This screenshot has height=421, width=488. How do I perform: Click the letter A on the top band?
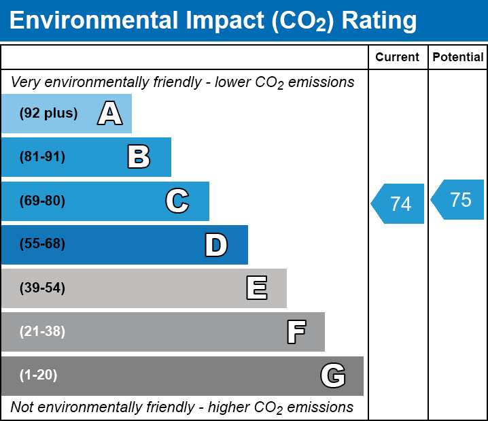109,113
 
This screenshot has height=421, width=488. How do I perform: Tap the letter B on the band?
139,157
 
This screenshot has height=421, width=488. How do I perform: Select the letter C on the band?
177,201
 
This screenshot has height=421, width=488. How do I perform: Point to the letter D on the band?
216,245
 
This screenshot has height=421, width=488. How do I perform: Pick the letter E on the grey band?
256,288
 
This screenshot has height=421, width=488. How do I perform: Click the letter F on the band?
296,332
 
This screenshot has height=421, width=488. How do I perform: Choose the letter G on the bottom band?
333,375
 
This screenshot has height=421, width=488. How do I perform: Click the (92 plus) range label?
48,113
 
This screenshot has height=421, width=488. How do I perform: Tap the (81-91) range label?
42,157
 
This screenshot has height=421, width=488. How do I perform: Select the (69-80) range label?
42,201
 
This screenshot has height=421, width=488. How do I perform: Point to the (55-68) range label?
42,244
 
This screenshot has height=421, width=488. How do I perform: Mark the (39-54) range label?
42,288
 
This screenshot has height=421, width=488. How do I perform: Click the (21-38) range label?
42,332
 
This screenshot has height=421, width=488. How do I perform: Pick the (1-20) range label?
39,375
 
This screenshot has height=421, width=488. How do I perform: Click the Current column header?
398,58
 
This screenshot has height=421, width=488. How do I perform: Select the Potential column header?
458,58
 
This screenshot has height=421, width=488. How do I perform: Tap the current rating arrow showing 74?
398,203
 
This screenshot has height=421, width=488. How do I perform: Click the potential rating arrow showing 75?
459,200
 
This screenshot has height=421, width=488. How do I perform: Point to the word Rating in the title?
379,21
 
